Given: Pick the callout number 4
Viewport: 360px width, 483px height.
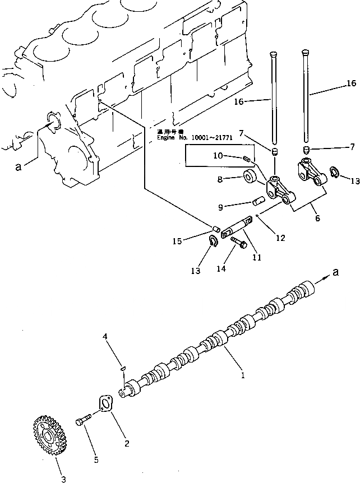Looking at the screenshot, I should [105, 336].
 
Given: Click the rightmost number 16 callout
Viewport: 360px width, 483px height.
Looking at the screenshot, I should [350, 83].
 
